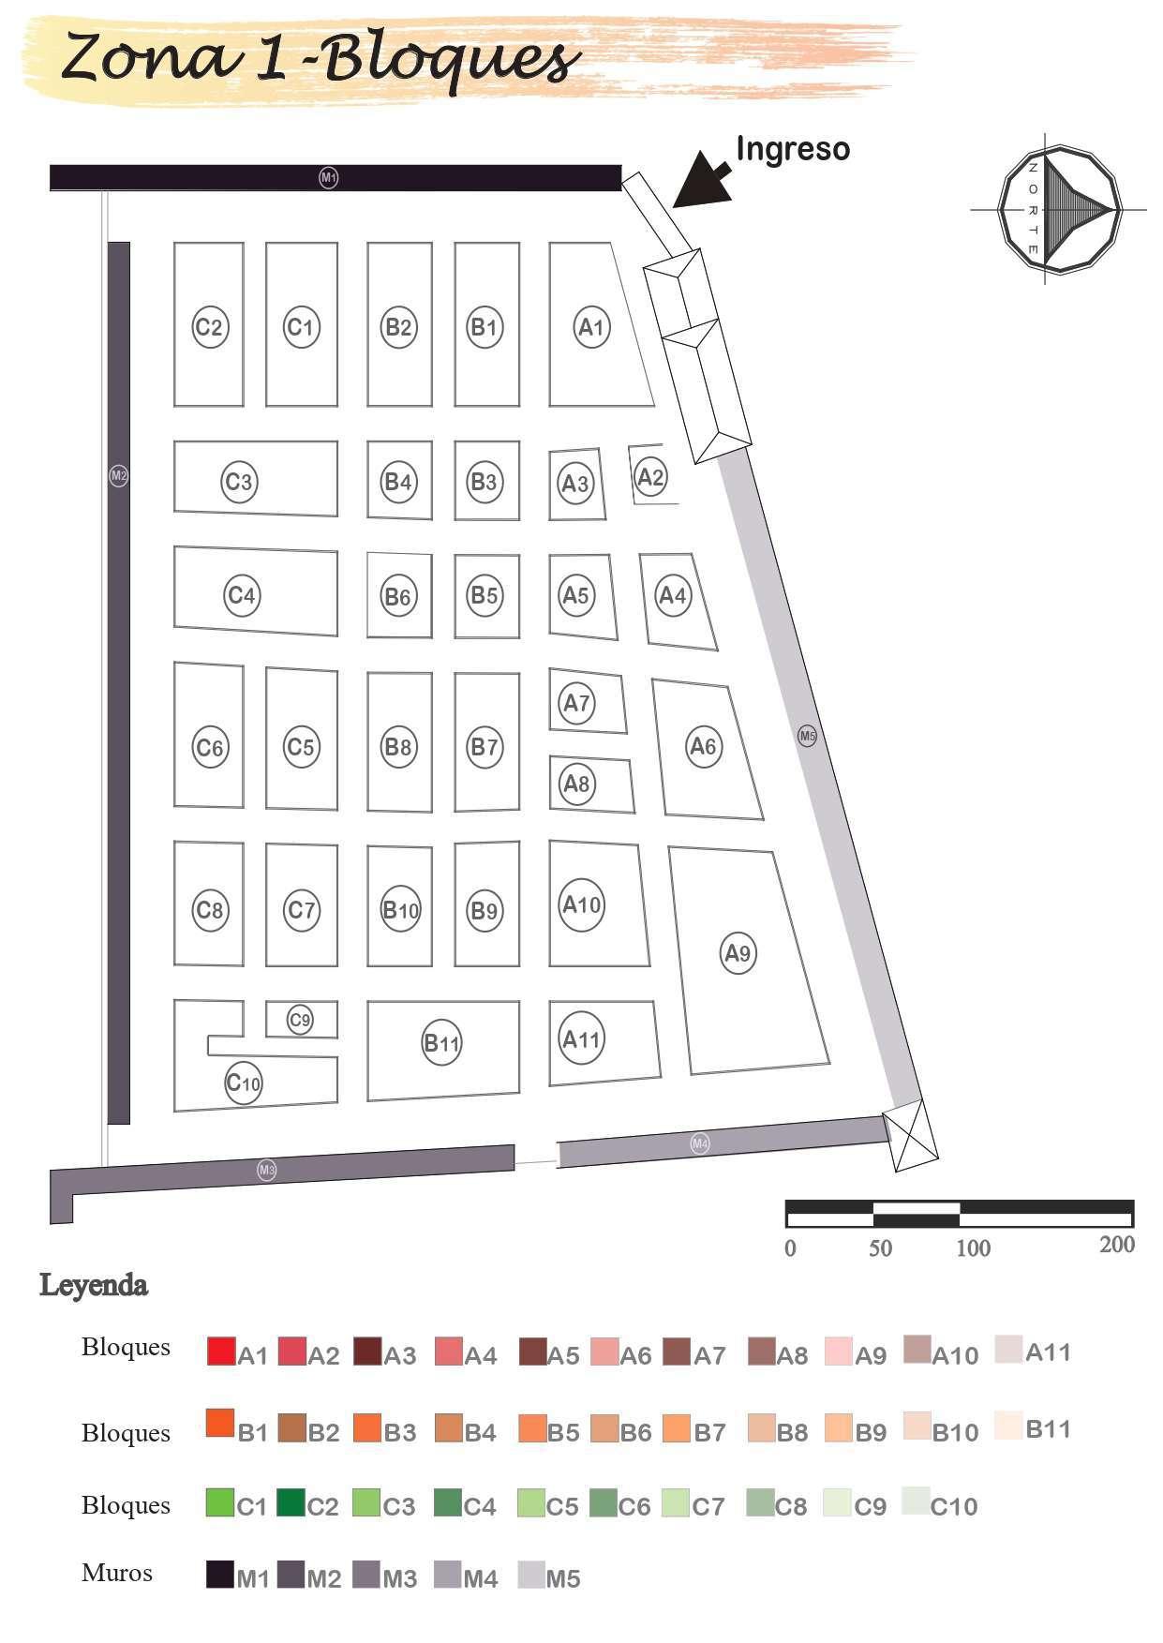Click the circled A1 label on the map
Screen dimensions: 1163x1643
(x=591, y=327)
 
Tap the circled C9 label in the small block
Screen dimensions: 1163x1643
(x=300, y=1020)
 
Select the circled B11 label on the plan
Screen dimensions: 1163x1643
(x=441, y=1043)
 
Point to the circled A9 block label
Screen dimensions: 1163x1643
(x=738, y=953)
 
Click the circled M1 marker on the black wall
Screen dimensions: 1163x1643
(x=329, y=177)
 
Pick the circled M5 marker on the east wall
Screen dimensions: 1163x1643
(x=808, y=736)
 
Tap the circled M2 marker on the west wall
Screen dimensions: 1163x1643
(x=119, y=476)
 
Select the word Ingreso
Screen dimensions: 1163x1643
(x=793, y=149)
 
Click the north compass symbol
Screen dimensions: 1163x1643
(x=1059, y=210)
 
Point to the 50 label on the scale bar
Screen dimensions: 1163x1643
(x=880, y=1248)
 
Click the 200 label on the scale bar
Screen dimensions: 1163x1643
(x=1117, y=1245)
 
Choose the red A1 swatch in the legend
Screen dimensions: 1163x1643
(x=221, y=1351)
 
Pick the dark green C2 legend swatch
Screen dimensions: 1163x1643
(x=291, y=1502)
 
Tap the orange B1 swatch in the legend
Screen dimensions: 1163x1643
(x=221, y=1424)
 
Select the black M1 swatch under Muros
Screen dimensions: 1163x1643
(x=220, y=1575)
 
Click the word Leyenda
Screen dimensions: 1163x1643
(x=94, y=1285)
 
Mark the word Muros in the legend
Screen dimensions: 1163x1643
(x=117, y=1573)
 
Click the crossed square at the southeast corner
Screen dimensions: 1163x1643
(x=910, y=1136)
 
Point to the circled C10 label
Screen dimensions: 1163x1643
(x=244, y=1084)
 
